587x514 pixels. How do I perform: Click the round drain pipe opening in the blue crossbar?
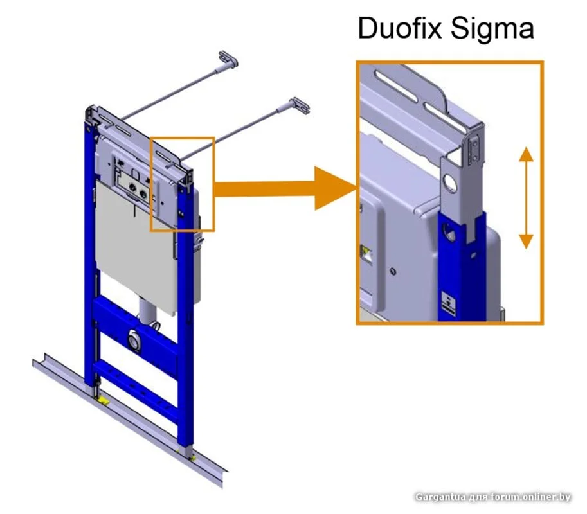point(134,338)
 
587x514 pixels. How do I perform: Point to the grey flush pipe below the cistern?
point(147,315)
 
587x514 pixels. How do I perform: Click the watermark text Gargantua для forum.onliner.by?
point(492,497)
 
